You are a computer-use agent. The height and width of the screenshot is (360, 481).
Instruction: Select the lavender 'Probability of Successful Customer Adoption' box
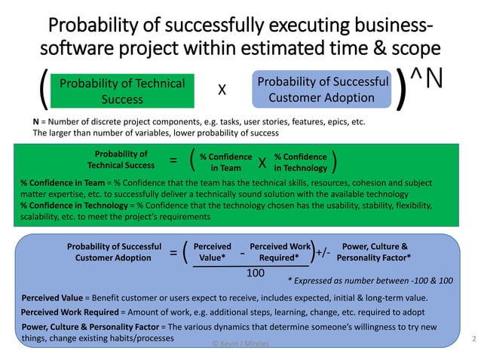322,90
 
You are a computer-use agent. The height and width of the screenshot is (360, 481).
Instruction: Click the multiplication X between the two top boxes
222,90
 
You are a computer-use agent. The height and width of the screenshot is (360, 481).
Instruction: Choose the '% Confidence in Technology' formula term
300,161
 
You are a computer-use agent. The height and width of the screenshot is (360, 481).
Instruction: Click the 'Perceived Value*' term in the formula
213,252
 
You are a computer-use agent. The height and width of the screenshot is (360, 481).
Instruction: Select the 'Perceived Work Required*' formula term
280,252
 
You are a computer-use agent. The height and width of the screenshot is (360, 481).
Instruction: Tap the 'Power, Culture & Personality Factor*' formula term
376,252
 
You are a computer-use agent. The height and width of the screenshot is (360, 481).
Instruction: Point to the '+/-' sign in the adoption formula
323,253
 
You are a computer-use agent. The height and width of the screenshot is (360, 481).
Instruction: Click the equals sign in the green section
173,160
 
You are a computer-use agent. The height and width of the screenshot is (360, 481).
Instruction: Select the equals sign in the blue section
173,253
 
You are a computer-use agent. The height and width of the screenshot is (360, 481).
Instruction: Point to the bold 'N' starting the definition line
36,121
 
